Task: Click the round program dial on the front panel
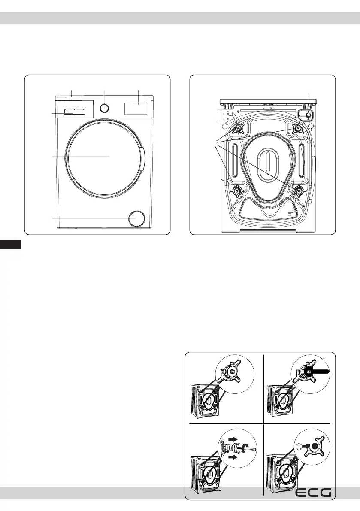103,108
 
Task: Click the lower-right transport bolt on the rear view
297,190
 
